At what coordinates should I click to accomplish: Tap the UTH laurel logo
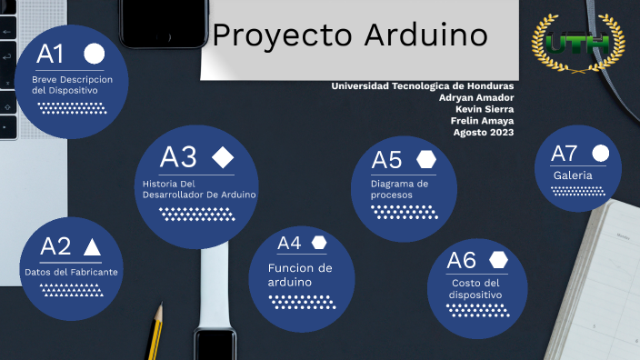(578, 43)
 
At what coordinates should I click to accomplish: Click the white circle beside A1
(95, 53)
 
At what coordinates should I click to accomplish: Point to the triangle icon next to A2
(92, 246)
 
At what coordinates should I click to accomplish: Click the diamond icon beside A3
(223, 157)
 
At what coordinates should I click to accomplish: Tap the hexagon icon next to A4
(319, 243)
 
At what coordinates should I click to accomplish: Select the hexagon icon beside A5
(426, 159)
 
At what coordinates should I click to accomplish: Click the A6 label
(461, 260)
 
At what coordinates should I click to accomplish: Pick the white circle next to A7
(600, 153)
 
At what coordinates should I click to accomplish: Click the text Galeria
(573, 175)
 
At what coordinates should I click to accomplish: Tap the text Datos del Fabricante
(71, 272)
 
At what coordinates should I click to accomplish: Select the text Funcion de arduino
(300, 275)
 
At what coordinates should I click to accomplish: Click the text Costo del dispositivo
(475, 288)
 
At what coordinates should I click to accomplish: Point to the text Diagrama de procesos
(399, 189)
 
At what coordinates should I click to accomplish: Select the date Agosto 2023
(484, 133)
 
